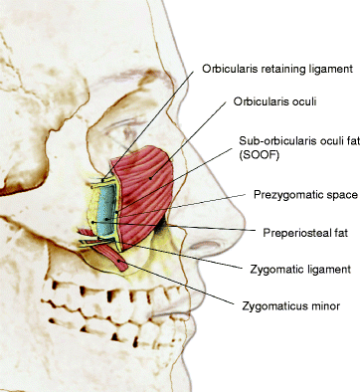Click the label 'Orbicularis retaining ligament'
tap(277, 69)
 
